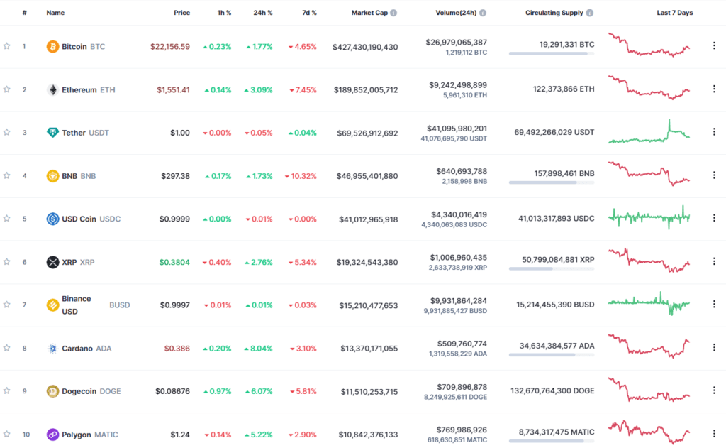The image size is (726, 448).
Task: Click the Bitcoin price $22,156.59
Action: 169,47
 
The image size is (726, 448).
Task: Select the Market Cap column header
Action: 369,13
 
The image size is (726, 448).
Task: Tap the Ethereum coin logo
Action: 52,90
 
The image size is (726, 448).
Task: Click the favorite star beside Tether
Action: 7,133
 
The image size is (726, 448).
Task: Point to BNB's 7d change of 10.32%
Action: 301,176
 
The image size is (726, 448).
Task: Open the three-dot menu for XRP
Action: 714,261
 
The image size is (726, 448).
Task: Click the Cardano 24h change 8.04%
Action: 258,349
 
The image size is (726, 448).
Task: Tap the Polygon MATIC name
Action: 90,435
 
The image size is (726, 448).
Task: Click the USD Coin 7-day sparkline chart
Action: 649,217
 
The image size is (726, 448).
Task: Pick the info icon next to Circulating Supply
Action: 590,13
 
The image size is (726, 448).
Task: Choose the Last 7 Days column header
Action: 674,13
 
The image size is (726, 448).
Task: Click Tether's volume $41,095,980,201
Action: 457,129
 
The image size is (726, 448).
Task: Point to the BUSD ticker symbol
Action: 119,305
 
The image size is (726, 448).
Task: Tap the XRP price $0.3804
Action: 174,262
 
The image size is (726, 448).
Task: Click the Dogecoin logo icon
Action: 52,391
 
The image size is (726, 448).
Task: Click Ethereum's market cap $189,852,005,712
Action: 364,90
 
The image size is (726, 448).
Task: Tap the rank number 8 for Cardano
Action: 24,349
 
